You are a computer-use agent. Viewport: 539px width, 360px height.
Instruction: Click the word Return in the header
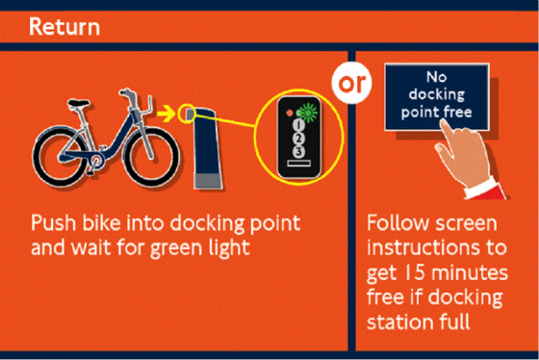(x=64, y=27)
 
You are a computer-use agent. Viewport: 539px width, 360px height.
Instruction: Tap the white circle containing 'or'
(x=351, y=83)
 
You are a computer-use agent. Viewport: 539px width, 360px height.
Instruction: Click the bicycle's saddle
(x=79, y=103)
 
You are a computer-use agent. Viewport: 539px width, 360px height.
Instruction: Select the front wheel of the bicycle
(x=151, y=158)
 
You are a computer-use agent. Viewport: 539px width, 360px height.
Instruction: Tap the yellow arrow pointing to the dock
(x=166, y=114)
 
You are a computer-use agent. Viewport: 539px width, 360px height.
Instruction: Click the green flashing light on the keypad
(x=308, y=112)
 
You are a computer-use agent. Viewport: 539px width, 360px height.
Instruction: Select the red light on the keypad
(x=290, y=113)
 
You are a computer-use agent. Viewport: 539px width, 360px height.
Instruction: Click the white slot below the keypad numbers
(x=298, y=164)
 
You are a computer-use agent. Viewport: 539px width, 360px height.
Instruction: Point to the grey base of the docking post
(x=208, y=181)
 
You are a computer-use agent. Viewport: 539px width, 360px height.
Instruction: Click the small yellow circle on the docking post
(x=187, y=114)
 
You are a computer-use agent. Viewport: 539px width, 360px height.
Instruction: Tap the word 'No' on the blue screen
(x=437, y=77)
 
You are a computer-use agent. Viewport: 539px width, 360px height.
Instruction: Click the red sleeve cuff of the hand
(x=485, y=192)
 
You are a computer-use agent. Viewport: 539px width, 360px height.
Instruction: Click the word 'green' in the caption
(x=175, y=248)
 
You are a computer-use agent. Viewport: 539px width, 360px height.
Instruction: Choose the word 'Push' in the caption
(x=53, y=223)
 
